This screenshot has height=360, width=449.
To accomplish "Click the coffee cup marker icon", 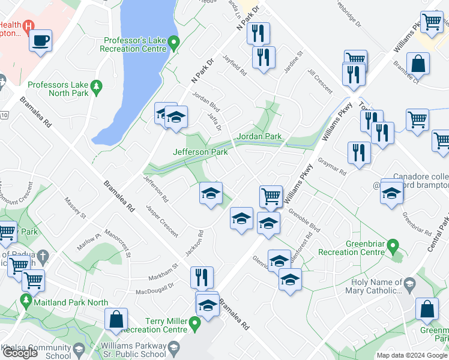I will [41, 41].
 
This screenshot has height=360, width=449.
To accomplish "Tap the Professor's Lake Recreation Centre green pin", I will [174, 43].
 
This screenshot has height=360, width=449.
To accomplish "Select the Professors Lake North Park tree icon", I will [95, 89].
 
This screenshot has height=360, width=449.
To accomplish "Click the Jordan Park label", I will [259, 136].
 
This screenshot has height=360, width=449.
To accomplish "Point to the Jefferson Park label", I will [200, 152].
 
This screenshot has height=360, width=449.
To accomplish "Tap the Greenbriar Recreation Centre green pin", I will [393, 245].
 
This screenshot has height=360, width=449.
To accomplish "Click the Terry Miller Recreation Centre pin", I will [194, 325].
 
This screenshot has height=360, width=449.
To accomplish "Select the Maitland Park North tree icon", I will [25, 299].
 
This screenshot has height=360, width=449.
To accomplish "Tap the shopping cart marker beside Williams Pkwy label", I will [271, 196].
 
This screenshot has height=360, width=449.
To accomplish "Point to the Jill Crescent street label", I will [320, 80].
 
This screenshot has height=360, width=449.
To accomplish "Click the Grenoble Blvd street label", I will [304, 220].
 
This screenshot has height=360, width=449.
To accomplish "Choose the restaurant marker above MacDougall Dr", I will [202, 277].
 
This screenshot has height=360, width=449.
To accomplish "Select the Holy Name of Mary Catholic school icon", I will [409, 283].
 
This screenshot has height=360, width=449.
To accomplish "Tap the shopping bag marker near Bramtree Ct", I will [417, 64].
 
